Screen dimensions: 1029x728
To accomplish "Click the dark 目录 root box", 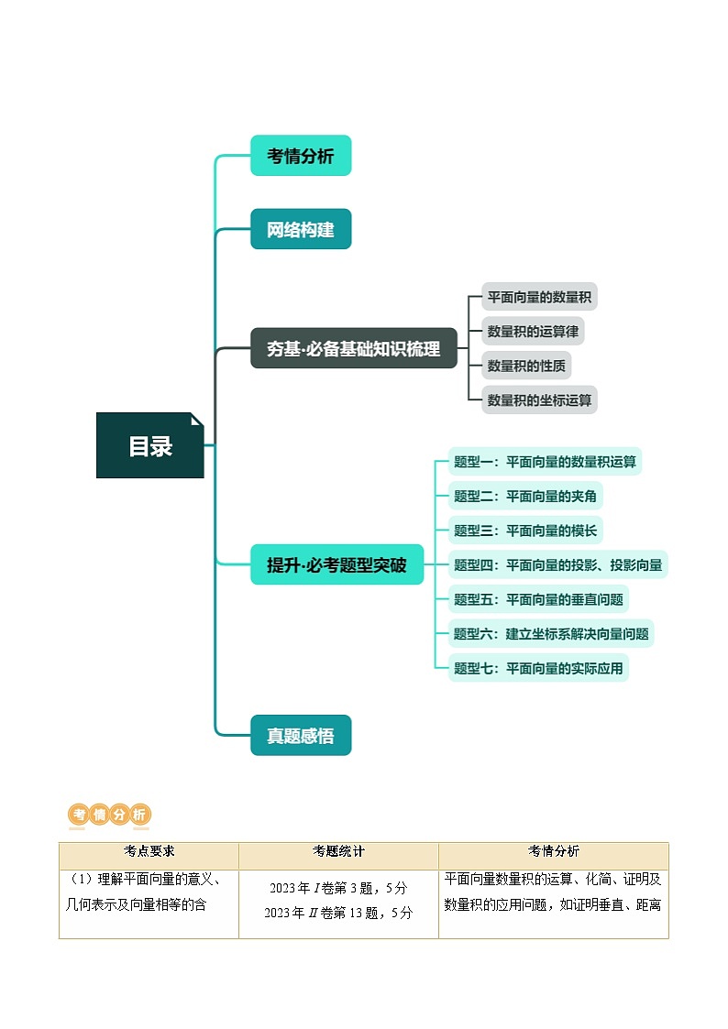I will pos(149,445).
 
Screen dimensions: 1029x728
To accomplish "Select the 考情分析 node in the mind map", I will pos(301,156).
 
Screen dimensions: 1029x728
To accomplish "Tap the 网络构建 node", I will pos(301,229).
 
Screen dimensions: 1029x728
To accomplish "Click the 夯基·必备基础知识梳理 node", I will pos(353,348).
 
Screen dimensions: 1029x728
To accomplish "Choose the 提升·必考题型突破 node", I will pos(336,564).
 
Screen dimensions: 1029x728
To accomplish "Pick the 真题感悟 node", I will pos(301,735).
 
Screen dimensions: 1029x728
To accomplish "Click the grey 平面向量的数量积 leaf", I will pos(539,297).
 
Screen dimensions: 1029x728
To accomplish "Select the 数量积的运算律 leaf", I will pos(533,331).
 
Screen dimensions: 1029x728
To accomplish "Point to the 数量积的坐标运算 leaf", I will pos(539,400).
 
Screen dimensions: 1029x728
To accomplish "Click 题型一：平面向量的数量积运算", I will pos(545,462).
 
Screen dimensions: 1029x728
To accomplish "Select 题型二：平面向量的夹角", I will pos(525,496).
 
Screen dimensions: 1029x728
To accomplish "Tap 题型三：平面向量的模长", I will pos(525,530).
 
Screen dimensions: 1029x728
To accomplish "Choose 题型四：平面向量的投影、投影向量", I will pos(557,564).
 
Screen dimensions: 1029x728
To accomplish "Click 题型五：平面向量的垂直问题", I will pos(538,599).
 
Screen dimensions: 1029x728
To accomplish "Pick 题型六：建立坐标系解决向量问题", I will pos(551,633).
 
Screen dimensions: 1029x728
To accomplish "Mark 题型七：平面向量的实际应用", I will pos(538,668).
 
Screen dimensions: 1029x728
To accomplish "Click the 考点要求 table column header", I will pos(149,851).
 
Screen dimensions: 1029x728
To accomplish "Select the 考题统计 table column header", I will pos(338,851).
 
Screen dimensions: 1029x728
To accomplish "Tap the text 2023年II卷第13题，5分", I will pos(338,913).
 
